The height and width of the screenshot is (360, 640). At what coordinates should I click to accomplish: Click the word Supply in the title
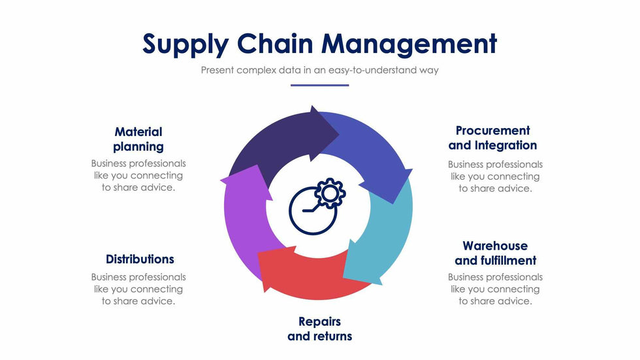point(185,44)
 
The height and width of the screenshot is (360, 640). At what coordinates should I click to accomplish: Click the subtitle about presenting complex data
point(319,70)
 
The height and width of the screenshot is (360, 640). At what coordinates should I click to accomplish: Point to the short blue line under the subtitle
point(319,85)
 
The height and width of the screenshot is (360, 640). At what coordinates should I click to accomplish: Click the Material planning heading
point(138,139)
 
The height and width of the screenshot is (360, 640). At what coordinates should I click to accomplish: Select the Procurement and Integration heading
point(492,138)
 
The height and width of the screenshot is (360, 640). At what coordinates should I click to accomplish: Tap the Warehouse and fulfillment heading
point(495,253)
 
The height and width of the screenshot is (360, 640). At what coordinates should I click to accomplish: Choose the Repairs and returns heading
point(319,329)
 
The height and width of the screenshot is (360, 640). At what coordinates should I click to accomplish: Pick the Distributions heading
point(140,259)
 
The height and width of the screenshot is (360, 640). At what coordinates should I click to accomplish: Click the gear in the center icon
point(330,193)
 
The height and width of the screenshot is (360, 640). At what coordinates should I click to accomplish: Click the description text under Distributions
point(138,289)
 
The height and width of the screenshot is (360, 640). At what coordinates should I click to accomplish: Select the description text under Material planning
point(138,175)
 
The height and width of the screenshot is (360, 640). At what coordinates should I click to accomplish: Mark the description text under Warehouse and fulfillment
point(495,289)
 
